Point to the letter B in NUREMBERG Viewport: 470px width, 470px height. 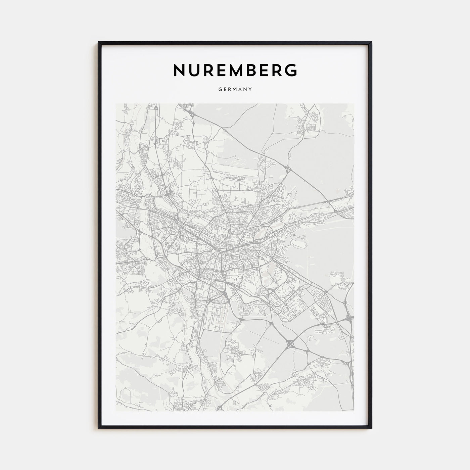pyautogui.click(x=259, y=70)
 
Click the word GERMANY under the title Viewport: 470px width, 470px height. pyautogui.click(x=235, y=89)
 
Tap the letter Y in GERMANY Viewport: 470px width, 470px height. pyautogui.click(x=250, y=89)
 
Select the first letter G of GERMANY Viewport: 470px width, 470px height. pyautogui.click(x=220, y=89)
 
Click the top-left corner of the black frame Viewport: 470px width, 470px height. pyautogui.click(x=99, y=42)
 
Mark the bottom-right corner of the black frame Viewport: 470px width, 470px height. pyautogui.click(x=372, y=429)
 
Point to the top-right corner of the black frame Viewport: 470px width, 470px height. pyautogui.click(x=372, y=42)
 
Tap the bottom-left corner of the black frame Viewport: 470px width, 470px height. pyautogui.click(x=99, y=429)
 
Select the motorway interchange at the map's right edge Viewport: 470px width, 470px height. pyautogui.click(x=349, y=316)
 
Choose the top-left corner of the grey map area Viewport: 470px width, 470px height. pyautogui.click(x=116, y=104)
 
